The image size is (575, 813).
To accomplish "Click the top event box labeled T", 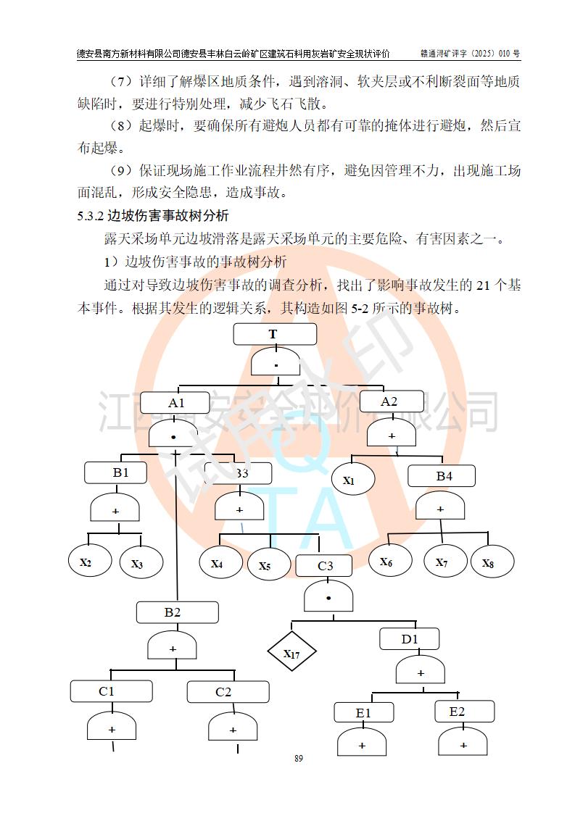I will tap(275, 334).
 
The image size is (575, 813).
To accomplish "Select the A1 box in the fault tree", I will tap(176, 403).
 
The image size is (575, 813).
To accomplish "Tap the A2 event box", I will tap(389, 401).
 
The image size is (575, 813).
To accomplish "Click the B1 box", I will tap(116, 472).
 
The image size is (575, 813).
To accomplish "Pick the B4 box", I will tap(442, 476).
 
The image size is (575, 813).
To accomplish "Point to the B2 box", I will tap(177, 612).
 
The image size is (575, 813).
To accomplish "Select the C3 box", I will tap(324, 565).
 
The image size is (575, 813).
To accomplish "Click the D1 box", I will tap(410, 638).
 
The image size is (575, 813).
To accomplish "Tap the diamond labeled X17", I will tap(291, 654).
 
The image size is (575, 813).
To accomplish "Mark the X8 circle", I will tap(493, 562).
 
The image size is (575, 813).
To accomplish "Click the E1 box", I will tap(364, 713).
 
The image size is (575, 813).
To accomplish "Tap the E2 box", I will tap(464, 712).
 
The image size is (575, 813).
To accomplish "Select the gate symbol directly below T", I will tap(276, 362).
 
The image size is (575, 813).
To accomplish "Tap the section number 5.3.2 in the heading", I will tap(91, 215).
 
